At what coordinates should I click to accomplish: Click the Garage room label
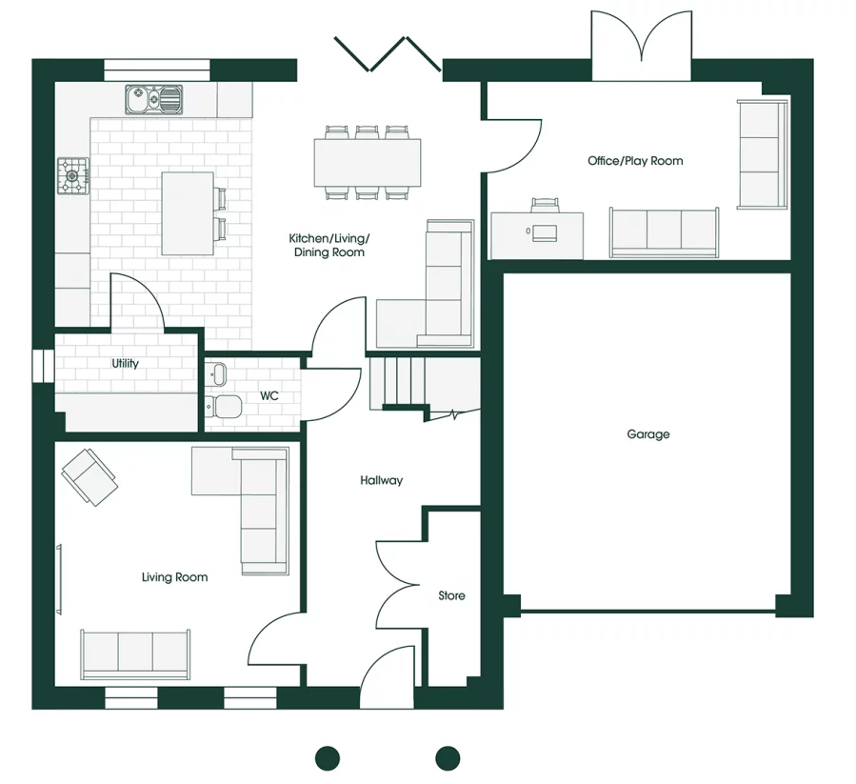point(647,434)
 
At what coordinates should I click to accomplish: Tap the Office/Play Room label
point(635,161)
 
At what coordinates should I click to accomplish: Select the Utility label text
point(125,364)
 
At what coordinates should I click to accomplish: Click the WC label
point(269,395)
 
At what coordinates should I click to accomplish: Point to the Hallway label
point(381,481)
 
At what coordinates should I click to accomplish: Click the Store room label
point(451,595)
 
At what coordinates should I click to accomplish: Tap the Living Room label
point(174,577)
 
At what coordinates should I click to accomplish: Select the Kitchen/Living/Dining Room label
point(328,245)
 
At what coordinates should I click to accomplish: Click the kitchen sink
point(153,97)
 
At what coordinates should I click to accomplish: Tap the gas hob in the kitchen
point(72,176)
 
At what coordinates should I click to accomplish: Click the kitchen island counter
point(188,212)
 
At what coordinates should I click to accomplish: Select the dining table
point(368,163)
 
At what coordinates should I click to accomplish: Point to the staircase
point(400,381)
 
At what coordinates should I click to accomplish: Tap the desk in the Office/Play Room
point(538,234)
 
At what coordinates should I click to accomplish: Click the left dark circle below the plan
point(328,758)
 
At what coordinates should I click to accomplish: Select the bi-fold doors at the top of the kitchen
point(387,55)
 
